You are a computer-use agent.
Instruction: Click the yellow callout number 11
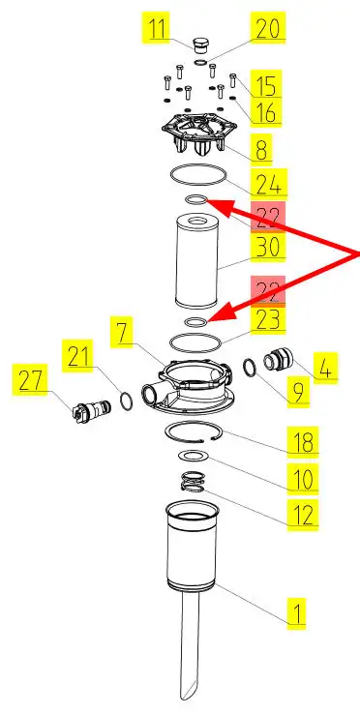coord(156,27)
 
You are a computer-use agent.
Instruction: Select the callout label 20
coord(268,27)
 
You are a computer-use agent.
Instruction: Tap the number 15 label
coord(265,84)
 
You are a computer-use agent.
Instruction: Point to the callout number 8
coord(261,147)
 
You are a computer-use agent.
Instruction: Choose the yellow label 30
coord(268,248)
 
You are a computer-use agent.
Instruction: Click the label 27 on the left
coord(30,379)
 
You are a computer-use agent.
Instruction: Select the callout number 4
coord(326,368)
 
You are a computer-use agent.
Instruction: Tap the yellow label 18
coord(303,440)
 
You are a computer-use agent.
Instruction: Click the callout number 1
coord(296,614)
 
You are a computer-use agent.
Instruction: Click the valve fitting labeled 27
coord(91,408)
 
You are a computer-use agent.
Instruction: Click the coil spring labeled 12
coord(192,482)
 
